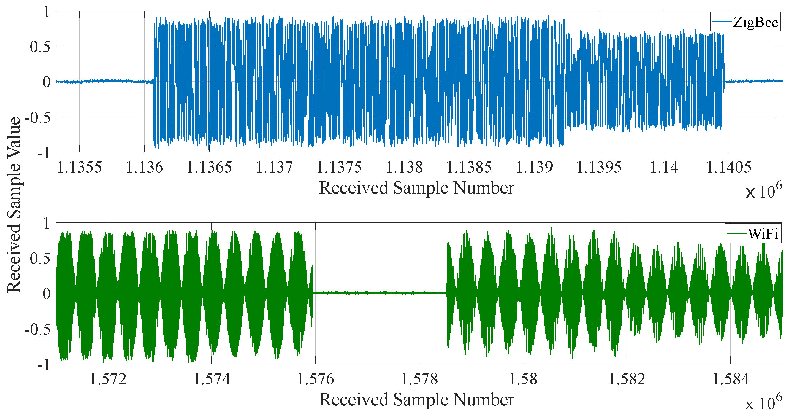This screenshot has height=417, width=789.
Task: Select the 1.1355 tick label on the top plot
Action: point(79,168)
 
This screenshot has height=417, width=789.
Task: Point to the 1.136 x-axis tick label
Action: point(144,168)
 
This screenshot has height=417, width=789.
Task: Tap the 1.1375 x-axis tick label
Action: point(339,168)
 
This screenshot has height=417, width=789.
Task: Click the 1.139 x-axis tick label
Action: point(534,168)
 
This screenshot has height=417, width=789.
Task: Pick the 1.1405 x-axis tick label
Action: point(729,168)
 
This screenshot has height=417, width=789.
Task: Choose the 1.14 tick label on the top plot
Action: point(664,168)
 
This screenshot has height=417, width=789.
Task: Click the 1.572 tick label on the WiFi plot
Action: point(108,379)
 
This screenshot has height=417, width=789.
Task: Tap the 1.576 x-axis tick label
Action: point(316,379)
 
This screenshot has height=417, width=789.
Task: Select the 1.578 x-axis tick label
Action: point(419,379)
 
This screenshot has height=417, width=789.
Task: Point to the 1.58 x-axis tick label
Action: point(523,379)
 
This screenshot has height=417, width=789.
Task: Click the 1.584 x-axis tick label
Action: point(731,379)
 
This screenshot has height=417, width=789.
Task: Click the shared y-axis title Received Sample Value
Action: point(14,205)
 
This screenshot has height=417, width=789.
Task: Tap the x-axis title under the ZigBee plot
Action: point(416,187)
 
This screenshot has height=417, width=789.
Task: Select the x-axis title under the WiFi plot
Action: point(416,400)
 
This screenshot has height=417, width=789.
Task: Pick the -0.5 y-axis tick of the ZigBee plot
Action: point(37,117)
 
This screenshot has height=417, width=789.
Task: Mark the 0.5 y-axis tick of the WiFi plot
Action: point(40,258)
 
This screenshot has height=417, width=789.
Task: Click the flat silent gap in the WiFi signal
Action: point(380,293)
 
